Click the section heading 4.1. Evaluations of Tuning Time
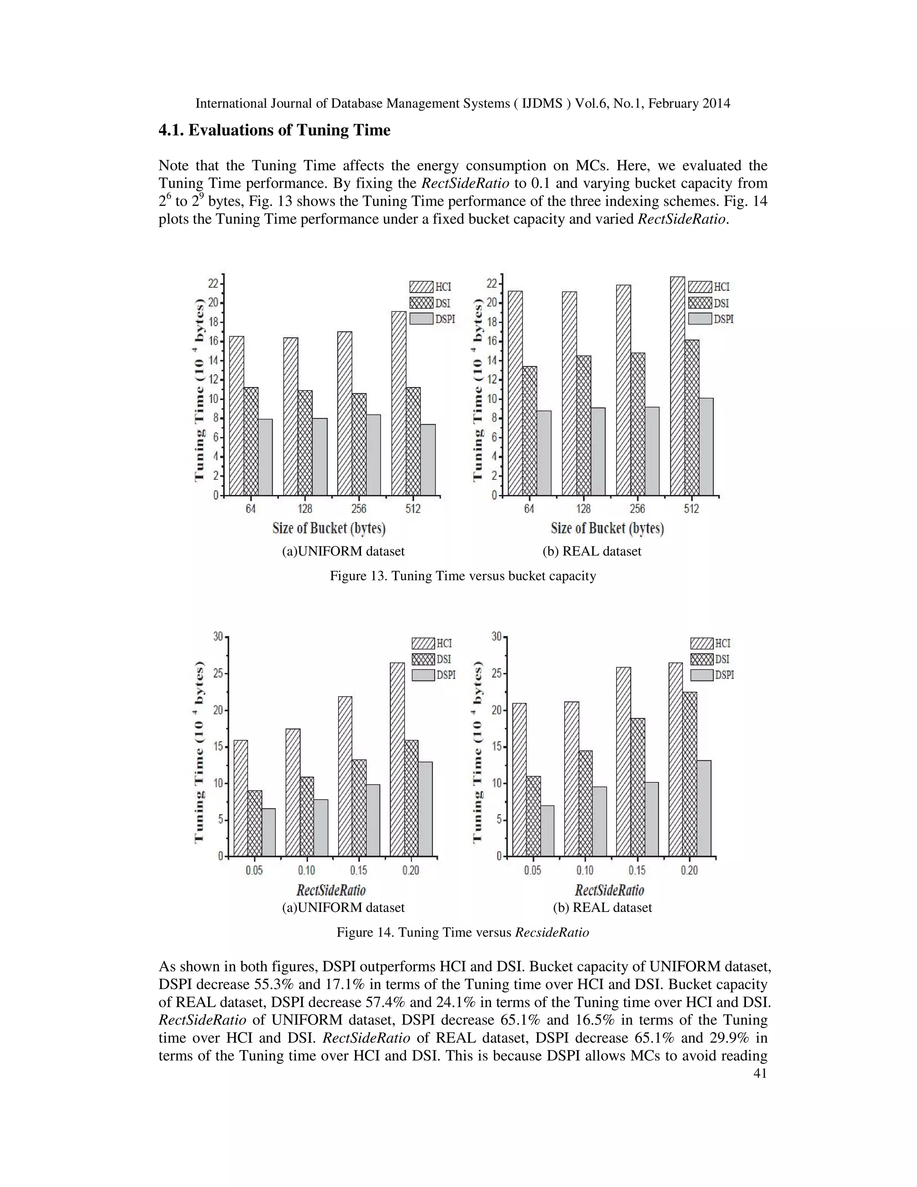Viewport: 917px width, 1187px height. coord(274,130)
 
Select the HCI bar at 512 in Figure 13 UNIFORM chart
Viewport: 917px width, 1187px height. coord(399,403)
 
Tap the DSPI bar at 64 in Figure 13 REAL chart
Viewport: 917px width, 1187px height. coord(544,453)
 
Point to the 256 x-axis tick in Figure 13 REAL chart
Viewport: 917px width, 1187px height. coord(637,509)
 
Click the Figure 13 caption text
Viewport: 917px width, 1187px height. coord(463,576)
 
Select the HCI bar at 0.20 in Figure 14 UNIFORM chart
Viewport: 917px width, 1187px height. coord(397,759)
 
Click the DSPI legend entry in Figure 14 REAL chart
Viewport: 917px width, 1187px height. coord(711,675)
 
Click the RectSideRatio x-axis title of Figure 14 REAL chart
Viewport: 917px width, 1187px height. coord(609,890)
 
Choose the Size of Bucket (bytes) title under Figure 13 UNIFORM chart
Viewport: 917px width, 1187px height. coord(329,528)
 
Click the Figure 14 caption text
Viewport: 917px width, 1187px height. coord(463,933)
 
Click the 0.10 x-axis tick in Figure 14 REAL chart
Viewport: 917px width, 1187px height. coord(585,871)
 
